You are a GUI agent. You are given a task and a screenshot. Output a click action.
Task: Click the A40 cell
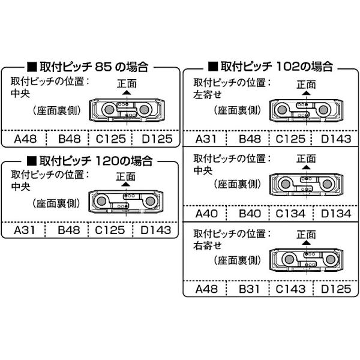pyautogui.click(x=206, y=214)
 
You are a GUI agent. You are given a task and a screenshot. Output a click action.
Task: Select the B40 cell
pyautogui.click(x=250, y=214)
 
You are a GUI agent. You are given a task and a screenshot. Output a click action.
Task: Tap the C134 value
pyautogui.click(x=290, y=214)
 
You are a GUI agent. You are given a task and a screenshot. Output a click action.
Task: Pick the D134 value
pyautogui.click(x=336, y=214)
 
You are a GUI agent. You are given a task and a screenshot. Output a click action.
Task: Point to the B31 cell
pyautogui.click(x=249, y=289)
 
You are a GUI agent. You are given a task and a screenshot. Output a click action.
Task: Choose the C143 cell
pyautogui.click(x=290, y=289)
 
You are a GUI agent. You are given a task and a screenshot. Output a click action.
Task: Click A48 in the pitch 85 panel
pyautogui.click(x=25, y=139)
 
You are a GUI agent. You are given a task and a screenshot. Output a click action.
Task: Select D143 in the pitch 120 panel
pyautogui.click(x=156, y=230)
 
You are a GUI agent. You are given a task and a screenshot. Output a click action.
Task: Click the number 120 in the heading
pyautogui.click(x=107, y=161)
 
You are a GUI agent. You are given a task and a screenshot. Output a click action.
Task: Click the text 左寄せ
pyautogui.click(x=208, y=95)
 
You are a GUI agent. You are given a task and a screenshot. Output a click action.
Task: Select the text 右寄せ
pyautogui.click(x=208, y=246)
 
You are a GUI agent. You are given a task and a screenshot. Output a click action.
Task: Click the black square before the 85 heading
pyautogui.click(x=32, y=67)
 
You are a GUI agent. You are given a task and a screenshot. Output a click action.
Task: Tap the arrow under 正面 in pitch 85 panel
pyautogui.click(x=127, y=92)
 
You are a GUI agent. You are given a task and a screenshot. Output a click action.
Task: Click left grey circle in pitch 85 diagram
pyautogui.click(x=109, y=110)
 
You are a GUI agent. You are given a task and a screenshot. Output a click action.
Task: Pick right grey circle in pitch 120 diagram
pyautogui.click(x=150, y=202)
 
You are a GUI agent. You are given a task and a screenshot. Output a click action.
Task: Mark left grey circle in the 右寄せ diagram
pyautogui.click(x=289, y=259)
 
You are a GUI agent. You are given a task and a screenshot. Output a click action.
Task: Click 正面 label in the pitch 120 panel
pyautogui.click(x=125, y=177)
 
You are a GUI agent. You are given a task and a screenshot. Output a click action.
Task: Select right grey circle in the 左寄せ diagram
pyautogui.click(x=323, y=110)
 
